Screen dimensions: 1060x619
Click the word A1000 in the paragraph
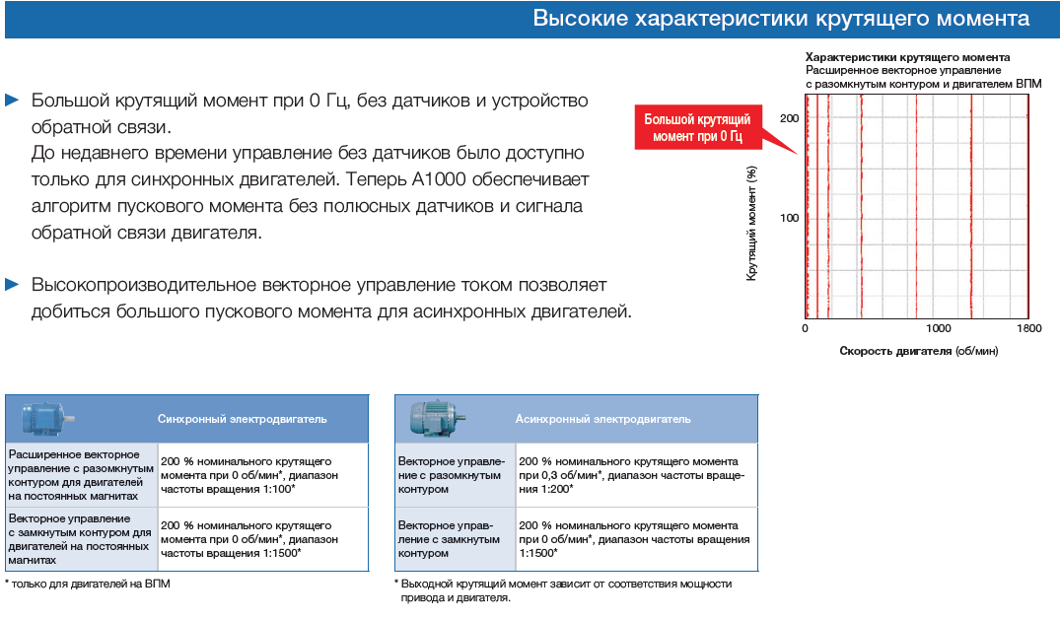pyautogui.click(x=439, y=179)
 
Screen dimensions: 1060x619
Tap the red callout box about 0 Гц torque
pyautogui.click(x=698, y=127)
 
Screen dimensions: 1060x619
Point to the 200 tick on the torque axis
pyautogui.click(x=789, y=118)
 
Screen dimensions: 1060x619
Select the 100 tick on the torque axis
pyautogui.click(x=789, y=218)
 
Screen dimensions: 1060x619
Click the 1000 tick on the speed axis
pyautogui.click(x=938, y=328)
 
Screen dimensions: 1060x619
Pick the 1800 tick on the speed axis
pyautogui.click(x=1028, y=328)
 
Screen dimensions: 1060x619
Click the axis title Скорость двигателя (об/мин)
pyautogui.click(x=919, y=351)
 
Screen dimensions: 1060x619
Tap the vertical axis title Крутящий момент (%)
pyautogui.click(x=751, y=223)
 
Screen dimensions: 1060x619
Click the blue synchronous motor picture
pyautogui.click(x=46, y=418)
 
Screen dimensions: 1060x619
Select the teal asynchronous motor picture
pyautogui.click(x=437, y=418)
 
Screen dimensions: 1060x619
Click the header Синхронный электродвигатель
pyautogui.click(x=242, y=419)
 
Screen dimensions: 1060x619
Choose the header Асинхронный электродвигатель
pyautogui.click(x=603, y=419)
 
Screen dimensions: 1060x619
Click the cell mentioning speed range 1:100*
pyautogui.click(x=263, y=475)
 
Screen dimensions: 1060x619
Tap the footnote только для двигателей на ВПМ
pyautogui.click(x=88, y=584)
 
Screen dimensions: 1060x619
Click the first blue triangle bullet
pyautogui.click(x=12, y=100)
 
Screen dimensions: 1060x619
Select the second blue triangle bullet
pyautogui.click(x=12, y=284)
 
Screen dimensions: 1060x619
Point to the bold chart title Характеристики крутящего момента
pyautogui.click(x=907, y=57)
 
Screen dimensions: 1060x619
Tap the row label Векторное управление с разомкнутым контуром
pyautogui.click(x=452, y=475)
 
